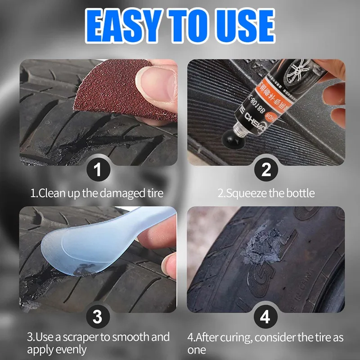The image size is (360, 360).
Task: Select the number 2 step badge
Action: [x=266, y=170]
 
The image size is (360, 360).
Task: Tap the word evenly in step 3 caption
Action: [x=71, y=350]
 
